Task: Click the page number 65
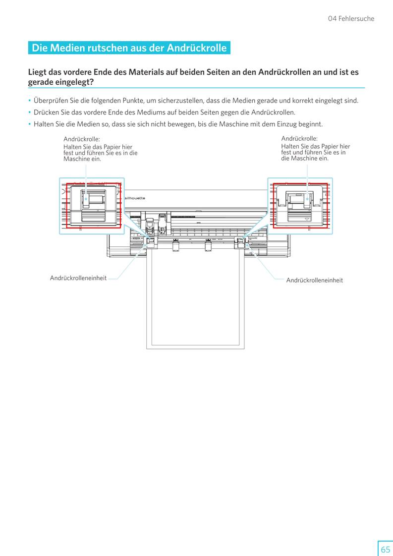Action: click(385, 549)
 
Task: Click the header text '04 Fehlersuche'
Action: click(351, 19)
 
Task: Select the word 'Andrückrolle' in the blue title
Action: click(197, 48)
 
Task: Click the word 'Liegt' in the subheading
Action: click(38, 72)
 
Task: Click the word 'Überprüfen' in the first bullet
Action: click(52, 101)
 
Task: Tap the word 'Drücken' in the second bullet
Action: click(46, 112)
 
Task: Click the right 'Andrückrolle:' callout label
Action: click(299, 139)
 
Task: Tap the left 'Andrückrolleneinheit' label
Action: click(78, 278)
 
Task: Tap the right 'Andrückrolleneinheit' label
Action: click(314, 280)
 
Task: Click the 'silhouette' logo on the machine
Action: click(134, 198)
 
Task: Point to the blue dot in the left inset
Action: click(86, 199)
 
